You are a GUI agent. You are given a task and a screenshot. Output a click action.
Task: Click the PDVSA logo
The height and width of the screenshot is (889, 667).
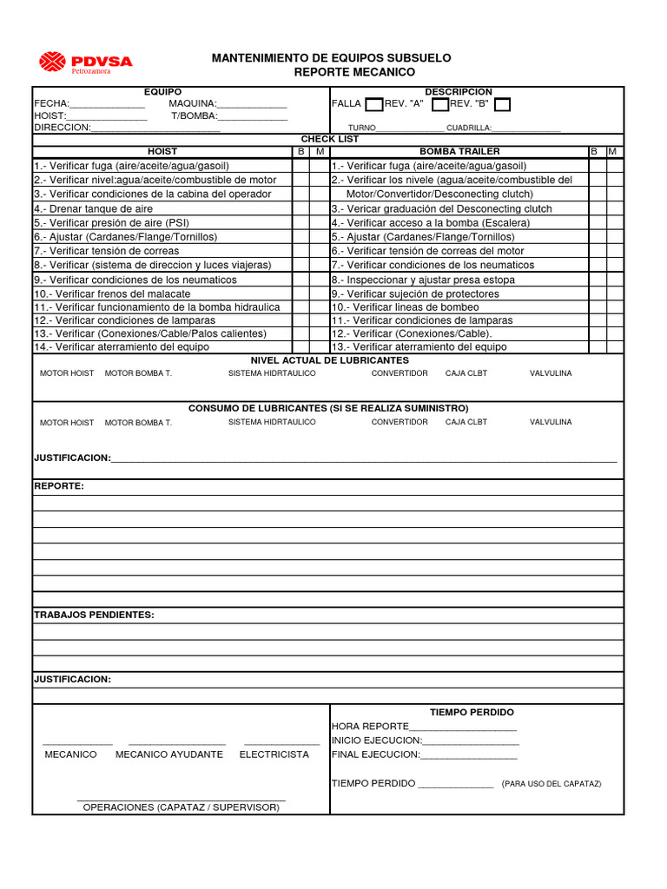[85, 63]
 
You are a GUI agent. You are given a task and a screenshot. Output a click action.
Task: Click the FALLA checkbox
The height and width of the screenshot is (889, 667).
[373, 105]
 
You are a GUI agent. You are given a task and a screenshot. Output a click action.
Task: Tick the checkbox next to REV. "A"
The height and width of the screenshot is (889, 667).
[440, 105]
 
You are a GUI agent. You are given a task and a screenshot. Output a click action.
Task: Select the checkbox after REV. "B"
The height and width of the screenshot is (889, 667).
[502, 105]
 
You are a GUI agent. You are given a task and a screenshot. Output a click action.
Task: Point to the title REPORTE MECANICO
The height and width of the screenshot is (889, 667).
[354, 72]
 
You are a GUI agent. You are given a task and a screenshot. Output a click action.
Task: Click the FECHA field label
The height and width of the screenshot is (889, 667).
[50, 104]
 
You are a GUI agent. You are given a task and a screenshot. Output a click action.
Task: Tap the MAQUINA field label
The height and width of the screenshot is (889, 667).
[192, 104]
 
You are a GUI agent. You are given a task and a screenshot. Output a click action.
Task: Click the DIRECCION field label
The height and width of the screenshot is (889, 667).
[62, 128]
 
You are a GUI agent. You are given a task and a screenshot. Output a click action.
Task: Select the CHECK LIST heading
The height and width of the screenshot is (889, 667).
[329, 139]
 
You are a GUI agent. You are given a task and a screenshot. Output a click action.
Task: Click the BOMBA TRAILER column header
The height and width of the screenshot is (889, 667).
[459, 151]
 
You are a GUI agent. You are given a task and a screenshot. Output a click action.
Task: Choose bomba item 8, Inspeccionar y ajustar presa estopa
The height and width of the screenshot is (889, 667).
[423, 280]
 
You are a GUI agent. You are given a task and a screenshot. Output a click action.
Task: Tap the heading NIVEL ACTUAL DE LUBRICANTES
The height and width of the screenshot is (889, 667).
[329, 360]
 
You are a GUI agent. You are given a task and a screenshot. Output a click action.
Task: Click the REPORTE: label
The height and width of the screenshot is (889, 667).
[59, 486]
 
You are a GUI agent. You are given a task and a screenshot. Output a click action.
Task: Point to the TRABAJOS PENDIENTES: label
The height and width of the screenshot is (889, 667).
[94, 615]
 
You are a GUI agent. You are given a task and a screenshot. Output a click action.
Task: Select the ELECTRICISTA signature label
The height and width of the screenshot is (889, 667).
[274, 754]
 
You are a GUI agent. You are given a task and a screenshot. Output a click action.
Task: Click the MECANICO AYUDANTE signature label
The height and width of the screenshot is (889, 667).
[169, 754]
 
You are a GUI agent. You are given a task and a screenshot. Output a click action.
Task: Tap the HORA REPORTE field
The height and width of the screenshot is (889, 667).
[424, 727]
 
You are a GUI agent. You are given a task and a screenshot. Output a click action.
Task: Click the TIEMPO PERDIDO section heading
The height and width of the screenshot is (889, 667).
[472, 712]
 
